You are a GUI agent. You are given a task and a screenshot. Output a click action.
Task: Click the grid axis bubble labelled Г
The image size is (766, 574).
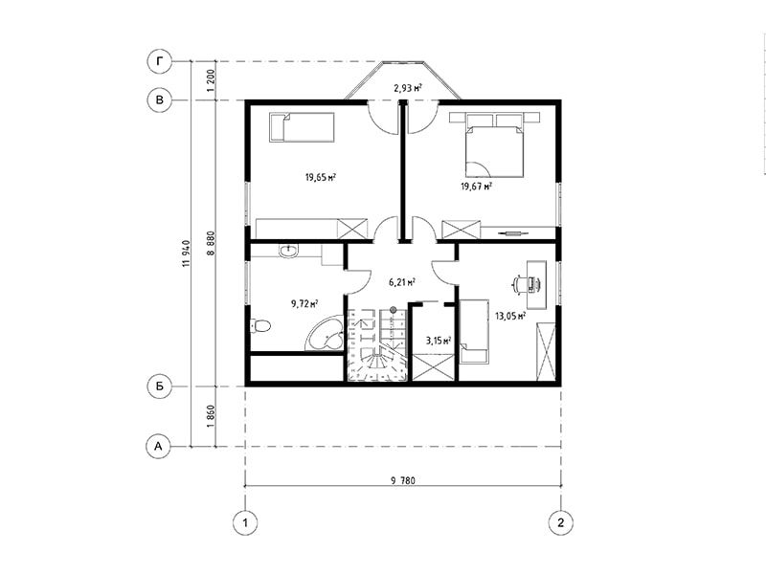159,61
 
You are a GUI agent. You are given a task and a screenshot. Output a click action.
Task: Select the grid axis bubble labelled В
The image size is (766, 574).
159,100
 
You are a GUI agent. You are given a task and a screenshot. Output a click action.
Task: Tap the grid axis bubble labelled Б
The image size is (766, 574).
159,386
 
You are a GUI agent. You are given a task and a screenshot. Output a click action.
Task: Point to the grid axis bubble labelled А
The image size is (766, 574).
159,446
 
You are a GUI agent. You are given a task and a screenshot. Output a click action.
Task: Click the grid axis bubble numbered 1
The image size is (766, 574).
245,522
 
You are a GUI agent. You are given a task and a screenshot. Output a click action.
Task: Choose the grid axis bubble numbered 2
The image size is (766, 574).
560,522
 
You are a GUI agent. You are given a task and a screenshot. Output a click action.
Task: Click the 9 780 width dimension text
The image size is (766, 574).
402,481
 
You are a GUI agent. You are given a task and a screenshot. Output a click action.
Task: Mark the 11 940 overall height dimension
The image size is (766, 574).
185,254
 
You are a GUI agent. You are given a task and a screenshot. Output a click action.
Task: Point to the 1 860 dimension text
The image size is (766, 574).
211,416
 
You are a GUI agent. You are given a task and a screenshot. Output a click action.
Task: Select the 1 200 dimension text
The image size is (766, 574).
211,81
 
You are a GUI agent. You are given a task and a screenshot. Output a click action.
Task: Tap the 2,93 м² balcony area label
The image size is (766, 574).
408,88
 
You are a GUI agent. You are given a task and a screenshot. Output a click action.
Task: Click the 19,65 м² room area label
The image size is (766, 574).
321,177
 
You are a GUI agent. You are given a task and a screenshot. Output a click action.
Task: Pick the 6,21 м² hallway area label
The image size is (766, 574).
402,281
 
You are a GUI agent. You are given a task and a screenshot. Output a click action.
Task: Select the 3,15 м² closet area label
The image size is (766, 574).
438,341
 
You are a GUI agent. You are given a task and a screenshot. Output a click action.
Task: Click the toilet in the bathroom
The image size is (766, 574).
259,325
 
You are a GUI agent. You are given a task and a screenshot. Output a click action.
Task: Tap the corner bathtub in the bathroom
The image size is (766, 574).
325,332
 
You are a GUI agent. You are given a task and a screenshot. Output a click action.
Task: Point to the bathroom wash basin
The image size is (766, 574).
288,251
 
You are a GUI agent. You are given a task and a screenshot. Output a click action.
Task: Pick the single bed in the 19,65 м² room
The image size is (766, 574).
302,127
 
